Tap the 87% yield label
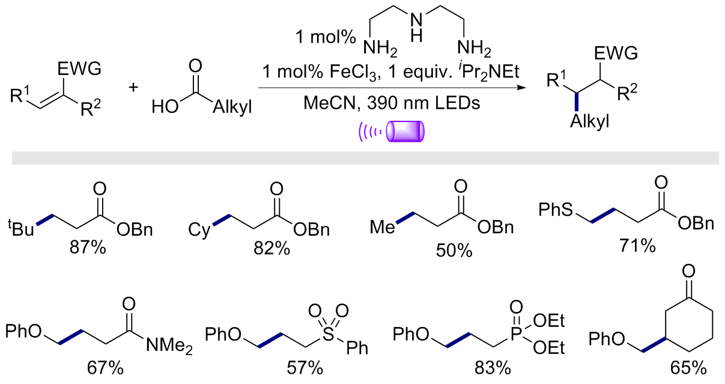point(88,248)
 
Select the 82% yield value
point(272,249)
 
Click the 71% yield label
point(638,246)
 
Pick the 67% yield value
point(105,368)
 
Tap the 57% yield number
point(305,368)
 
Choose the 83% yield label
point(493,368)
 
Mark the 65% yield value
point(688,368)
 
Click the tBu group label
point(21,228)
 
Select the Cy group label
point(199,230)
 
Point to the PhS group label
point(556,210)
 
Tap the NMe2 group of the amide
point(169,346)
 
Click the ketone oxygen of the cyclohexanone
point(688,272)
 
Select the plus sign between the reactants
point(133,87)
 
